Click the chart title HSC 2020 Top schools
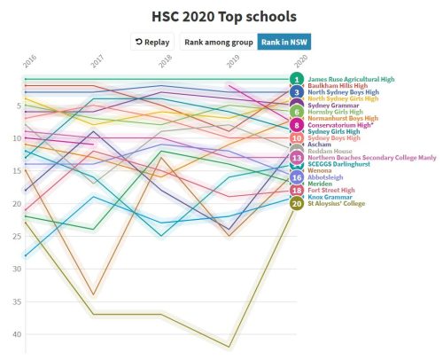pos(221,16)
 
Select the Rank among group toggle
pos(218,42)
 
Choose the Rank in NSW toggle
pos(284,42)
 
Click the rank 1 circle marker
pos(297,80)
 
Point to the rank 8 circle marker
pos(297,125)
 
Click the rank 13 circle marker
pos(297,158)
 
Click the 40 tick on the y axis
pos(18,334)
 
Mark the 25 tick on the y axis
pos(18,237)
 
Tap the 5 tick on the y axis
pos(19,106)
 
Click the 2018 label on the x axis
pos(164,62)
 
